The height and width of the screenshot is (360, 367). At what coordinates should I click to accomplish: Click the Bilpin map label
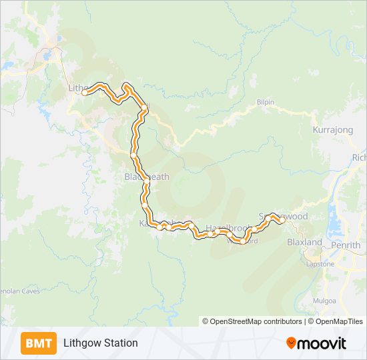click(x=265, y=103)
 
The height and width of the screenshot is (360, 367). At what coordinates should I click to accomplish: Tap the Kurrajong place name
click(x=332, y=130)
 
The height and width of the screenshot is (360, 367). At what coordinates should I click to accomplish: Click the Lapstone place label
click(x=320, y=264)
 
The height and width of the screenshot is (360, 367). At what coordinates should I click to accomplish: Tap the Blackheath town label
click(x=147, y=177)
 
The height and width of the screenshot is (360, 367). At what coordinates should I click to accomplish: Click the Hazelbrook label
click(x=227, y=227)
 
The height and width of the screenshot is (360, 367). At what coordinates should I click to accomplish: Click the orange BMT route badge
click(x=39, y=343)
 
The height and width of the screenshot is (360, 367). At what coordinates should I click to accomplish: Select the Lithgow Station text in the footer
click(x=101, y=343)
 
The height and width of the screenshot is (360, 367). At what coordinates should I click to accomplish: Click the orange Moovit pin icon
click(x=291, y=343)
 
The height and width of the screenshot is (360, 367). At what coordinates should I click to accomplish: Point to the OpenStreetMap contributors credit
click(x=252, y=321)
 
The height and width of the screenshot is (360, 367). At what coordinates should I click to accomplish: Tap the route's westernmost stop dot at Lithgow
click(x=85, y=93)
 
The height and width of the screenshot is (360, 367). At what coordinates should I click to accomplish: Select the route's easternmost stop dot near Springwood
click(x=282, y=220)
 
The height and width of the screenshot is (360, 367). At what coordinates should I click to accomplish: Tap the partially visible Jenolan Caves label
click(x=20, y=291)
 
